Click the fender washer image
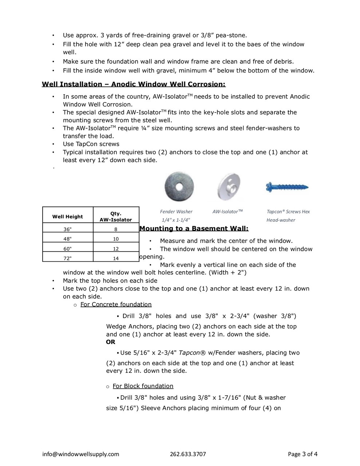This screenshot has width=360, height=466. [x=179, y=186]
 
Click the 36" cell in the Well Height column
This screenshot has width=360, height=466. [x=68, y=229]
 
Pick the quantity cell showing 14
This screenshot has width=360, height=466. [x=116, y=258]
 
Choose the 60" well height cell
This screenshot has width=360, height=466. [x=68, y=249]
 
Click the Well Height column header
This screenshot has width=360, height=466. [x=68, y=217]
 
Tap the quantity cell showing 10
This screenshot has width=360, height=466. [x=116, y=239]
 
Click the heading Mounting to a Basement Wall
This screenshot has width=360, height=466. [x=194, y=229]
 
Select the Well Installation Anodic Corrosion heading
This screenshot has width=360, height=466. [x=134, y=84]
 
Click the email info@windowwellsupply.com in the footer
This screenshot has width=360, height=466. [x=80, y=454]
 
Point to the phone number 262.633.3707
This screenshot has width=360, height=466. [x=188, y=454]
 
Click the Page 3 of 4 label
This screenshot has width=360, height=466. [x=302, y=454]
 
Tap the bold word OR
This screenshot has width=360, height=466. [x=111, y=342]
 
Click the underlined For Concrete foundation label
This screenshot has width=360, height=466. [x=116, y=304]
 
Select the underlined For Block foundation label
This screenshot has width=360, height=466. [x=143, y=386]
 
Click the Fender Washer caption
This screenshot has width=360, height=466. [x=176, y=212]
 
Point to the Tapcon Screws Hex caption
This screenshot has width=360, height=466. [x=288, y=212]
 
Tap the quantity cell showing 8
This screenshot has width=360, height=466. [x=116, y=229]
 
